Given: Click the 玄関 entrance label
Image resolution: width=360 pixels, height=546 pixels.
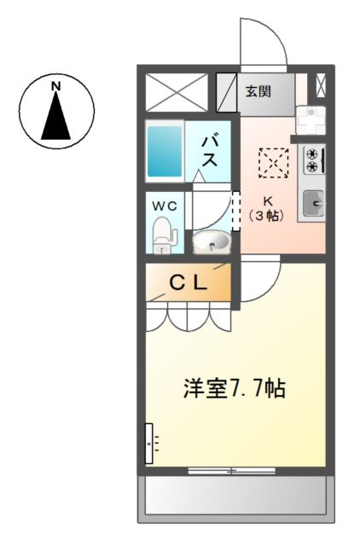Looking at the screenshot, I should [259, 91].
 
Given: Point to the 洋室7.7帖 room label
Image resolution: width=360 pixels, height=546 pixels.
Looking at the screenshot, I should [233, 389].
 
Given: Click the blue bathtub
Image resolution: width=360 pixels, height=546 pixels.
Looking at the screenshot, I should [165, 151].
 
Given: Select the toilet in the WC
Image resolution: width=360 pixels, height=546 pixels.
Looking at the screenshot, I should [163, 235].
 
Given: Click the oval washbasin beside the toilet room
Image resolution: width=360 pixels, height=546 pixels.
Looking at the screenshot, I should [211, 243].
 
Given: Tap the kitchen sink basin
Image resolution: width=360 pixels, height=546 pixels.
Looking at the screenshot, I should [312, 202].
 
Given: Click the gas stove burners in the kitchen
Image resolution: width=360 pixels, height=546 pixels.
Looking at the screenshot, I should [312, 160].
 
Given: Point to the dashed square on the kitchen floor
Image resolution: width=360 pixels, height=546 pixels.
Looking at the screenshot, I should [274, 161].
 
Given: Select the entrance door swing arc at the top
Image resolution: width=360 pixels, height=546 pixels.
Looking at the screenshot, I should [262, 43].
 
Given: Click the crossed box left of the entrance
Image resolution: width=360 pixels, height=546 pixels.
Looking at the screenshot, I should [177, 92].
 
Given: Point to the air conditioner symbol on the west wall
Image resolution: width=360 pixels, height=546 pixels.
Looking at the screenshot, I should [150, 444].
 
